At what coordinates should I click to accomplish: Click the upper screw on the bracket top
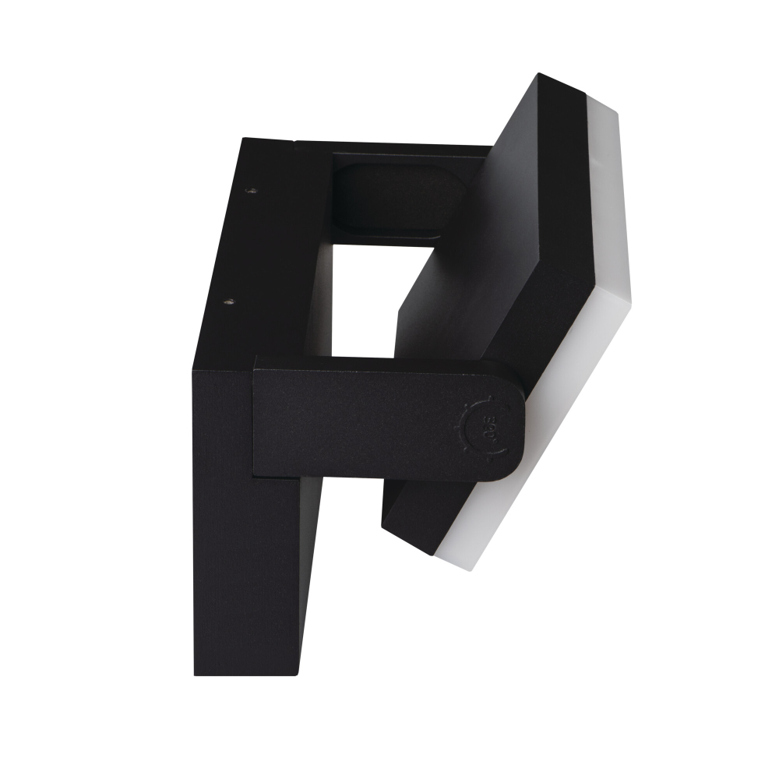[251, 190]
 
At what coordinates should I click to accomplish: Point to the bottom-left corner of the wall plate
[195, 675]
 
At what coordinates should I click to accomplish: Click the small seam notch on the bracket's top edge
[294, 143]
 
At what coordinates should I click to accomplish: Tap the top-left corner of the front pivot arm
[256, 359]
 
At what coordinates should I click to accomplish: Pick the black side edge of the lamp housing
[561, 234]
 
